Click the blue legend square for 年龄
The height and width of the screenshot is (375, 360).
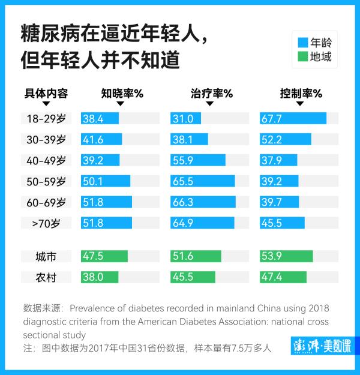pyautogui.click(x=302, y=43)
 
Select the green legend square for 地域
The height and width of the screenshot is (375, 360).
pyautogui.click(x=302, y=58)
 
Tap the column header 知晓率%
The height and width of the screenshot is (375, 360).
pyautogui.click(x=122, y=94)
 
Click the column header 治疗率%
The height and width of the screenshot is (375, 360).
pyautogui.click(x=211, y=94)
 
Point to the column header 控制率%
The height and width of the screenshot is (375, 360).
pyautogui.click(x=301, y=94)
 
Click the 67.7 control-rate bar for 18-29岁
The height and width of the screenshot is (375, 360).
pyautogui.click(x=293, y=119)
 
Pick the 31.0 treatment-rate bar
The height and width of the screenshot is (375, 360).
pyautogui.click(x=185, y=119)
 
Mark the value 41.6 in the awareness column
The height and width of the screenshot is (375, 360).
pyautogui.click(x=93, y=140)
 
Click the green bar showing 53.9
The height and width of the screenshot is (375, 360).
pyautogui.click(x=286, y=257)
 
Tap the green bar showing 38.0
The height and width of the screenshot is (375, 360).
pyautogui.click(x=100, y=277)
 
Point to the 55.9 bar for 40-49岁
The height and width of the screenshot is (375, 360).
pyautogui.click(x=198, y=160)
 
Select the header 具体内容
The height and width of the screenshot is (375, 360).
pyautogui.click(x=46, y=94)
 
